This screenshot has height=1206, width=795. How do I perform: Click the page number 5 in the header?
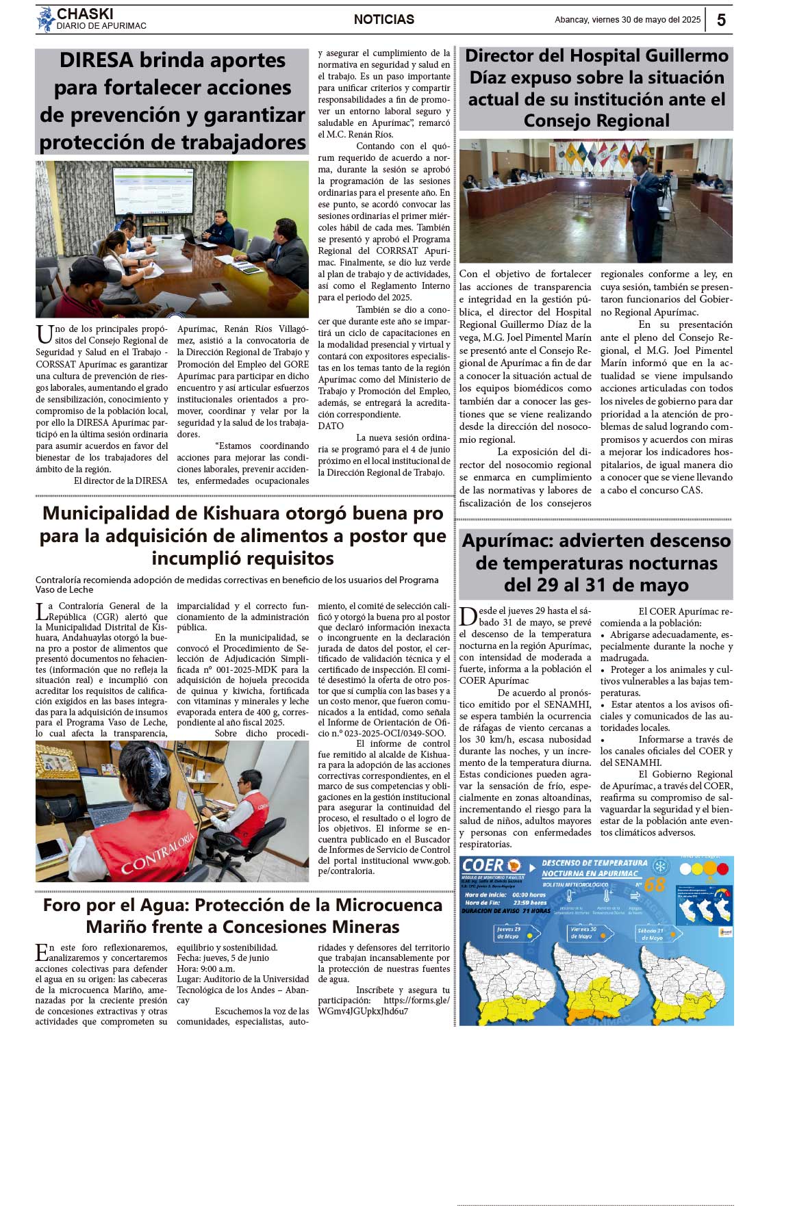tap(721, 20)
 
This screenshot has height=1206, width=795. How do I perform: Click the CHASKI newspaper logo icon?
tap(45, 19)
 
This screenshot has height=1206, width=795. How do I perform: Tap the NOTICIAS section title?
tap(383, 20)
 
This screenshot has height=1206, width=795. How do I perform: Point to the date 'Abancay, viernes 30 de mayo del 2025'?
tap(627, 20)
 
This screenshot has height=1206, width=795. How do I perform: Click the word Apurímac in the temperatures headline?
tap(509, 541)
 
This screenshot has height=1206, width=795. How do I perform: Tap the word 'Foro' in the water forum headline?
tap(61, 905)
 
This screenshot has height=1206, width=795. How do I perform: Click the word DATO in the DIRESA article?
tap(331, 426)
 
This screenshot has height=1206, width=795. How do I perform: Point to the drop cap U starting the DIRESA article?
tap(44, 335)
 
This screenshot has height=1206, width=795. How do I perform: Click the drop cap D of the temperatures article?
tap(468, 617)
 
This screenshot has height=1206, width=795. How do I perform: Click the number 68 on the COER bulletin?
tap(654, 885)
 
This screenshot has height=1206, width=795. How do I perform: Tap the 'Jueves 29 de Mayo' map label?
tap(508, 933)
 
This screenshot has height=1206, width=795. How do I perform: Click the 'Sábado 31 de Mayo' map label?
tap(650, 934)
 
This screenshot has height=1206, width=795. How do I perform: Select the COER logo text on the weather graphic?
tap(483, 866)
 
